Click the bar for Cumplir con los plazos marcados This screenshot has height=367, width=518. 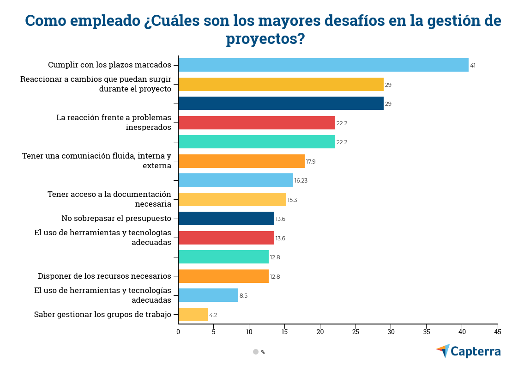(x=323, y=65)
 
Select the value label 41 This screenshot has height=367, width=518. (x=472, y=66)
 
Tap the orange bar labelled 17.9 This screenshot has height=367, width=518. (x=241, y=161)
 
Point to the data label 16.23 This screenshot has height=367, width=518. (x=301, y=181)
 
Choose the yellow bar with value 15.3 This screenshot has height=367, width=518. (x=232, y=200)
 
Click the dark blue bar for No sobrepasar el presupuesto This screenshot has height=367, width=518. (x=226, y=219)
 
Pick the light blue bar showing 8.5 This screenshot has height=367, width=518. (x=208, y=295)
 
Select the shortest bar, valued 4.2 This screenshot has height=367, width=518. (x=193, y=315)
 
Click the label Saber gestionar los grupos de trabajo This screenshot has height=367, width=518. (x=102, y=315)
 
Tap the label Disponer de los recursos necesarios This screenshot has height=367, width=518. (x=104, y=276)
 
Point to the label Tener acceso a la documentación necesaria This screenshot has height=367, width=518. (x=109, y=199)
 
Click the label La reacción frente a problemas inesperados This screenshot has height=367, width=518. (x=114, y=122)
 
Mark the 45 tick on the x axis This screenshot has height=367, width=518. (x=497, y=332)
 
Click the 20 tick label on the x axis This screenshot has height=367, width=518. (x=320, y=332)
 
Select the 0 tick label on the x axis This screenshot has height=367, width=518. (x=178, y=332)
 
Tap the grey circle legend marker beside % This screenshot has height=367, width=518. (x=256, y=352)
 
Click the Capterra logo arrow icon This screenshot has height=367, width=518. (x=443, y=351)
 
